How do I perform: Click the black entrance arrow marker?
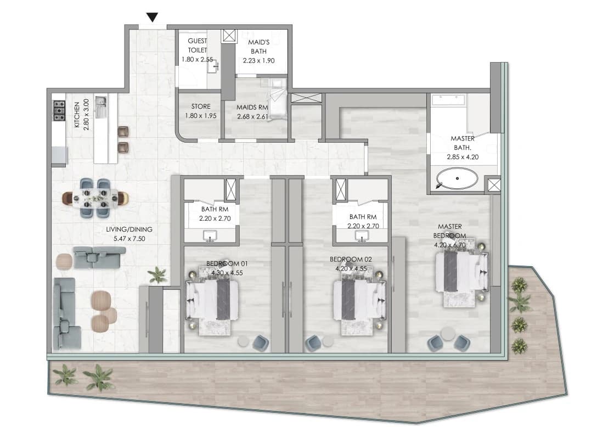[153, 18]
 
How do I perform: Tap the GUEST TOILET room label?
[198, 46]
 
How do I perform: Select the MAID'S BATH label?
[259, 47]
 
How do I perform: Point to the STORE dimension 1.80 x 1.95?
[200, 116]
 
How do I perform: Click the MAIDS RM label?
[252, 108]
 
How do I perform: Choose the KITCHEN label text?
[77, 115]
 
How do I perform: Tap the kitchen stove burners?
[59, 111]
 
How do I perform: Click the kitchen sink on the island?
[101, 107]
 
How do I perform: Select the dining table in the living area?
[96, 198]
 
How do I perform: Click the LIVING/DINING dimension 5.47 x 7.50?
[129, 239]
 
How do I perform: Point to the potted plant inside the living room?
[157, 275]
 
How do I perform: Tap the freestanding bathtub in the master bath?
[457, 178]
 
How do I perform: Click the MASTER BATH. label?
[462, 143]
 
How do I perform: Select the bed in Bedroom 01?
[212, 300]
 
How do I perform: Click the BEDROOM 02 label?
[351, 260]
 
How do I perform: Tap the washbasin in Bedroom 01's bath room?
[210, 236]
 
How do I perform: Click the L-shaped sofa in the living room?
[66, 313]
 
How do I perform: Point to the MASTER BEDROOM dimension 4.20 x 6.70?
[449, 245]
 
